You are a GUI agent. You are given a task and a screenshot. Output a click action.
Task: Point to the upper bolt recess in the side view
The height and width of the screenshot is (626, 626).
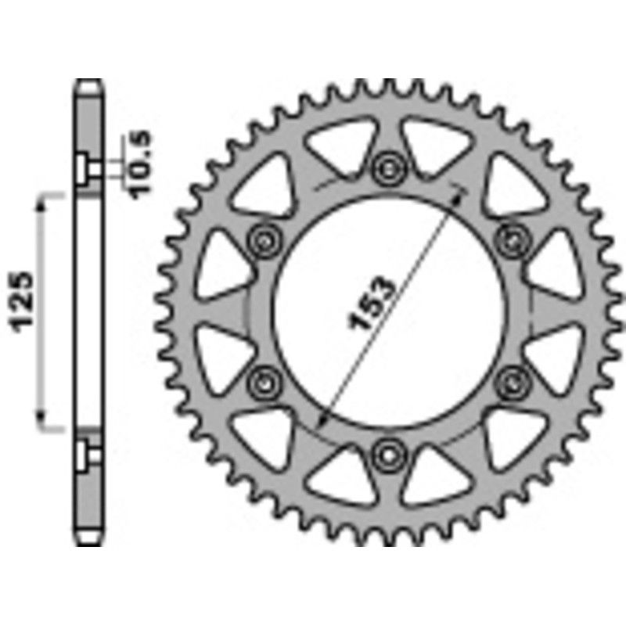point(87,167)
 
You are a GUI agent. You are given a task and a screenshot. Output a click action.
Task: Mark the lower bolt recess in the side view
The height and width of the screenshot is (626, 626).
point(87,452)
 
